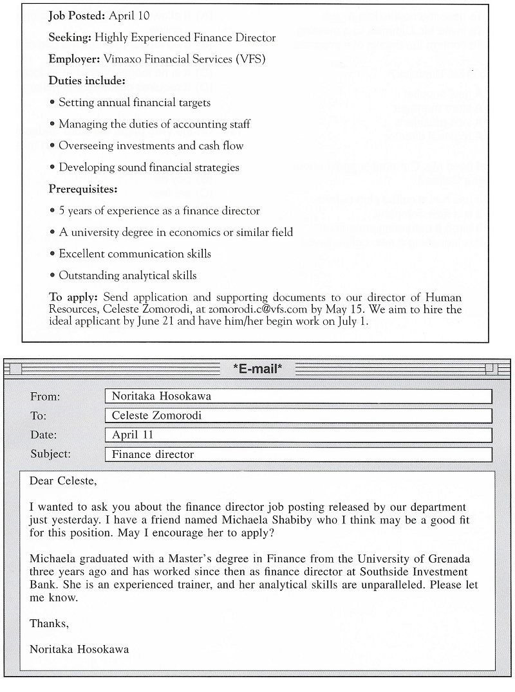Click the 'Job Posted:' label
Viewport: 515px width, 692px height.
pyautogui.click(x=77, y=16)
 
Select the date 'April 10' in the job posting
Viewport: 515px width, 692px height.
pyautogui.click(x=129, y=16)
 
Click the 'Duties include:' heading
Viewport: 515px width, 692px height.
pyautogui.click(x=87, y=81)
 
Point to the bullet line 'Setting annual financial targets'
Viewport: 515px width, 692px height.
pyautogui.click(x=135, y=103)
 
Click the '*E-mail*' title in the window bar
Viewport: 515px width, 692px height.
pyautogui.click(x=257, y=369)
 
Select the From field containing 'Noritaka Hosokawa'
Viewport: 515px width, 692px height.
pyautogui.click(x=298, y=396)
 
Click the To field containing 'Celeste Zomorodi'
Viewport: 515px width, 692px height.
pyautogui.click(x=298, y=415)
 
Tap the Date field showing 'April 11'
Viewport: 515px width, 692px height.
pyautogui.click(x=298, y=435)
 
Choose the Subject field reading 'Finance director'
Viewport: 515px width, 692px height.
pyautogui.click(x=298, y=455)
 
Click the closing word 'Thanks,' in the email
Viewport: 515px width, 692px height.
pyautogui.click(x=49, y=624)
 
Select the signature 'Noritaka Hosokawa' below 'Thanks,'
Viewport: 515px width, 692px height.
pyautogui.click(x=79, y=650)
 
